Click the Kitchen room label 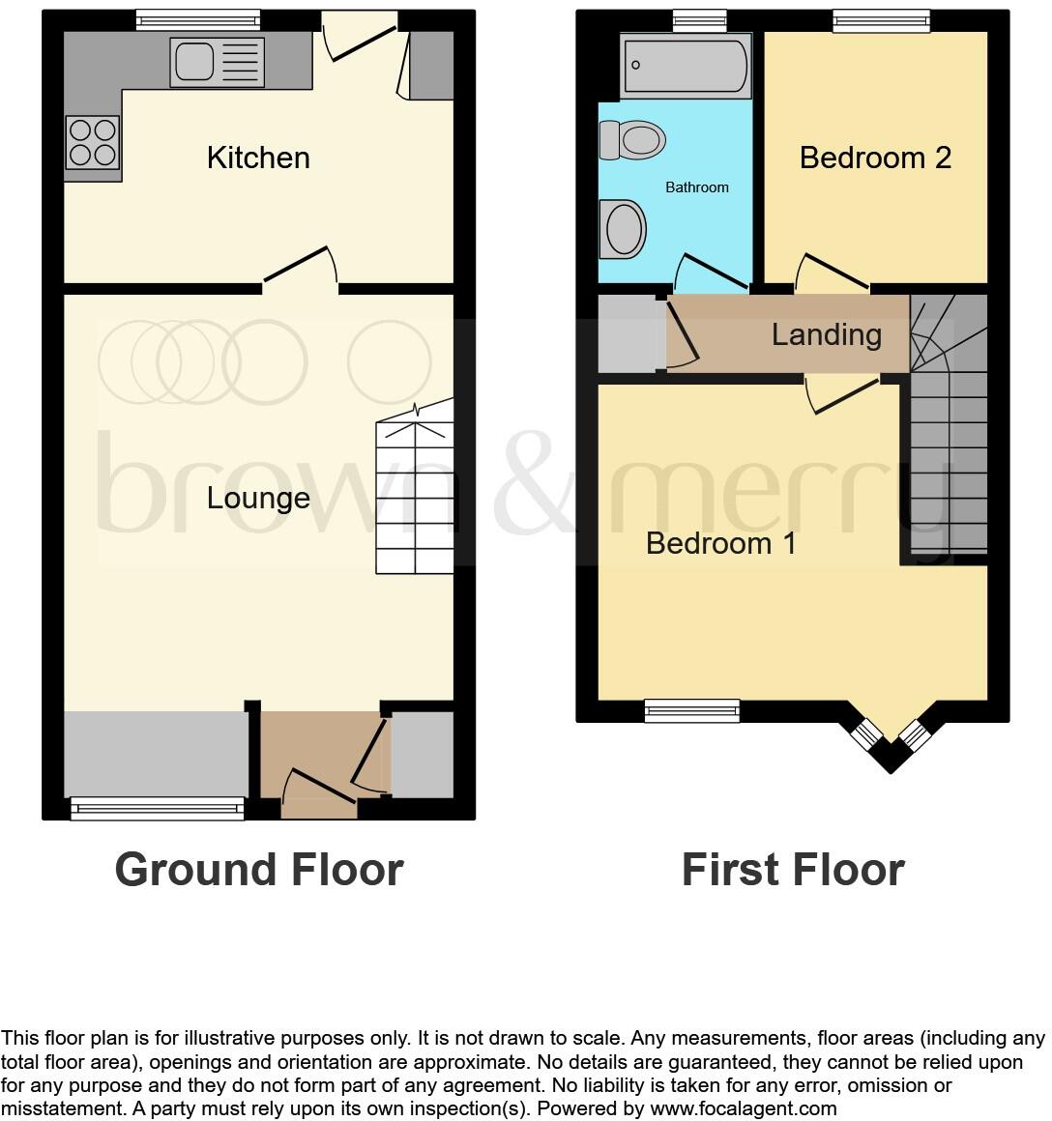pyautogui.click(x=258, y=158)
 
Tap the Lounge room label pyautogui.click(x=258, y=499)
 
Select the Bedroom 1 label pyautogui.click(x=720, y=543)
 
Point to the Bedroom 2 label pyautogui.click(x=875, y=158)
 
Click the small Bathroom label pyautogui.click(x=696, y=187)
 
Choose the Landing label pyautogui.click(x=826, y=335)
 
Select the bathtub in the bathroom pyautogui.click(x=686, y=65)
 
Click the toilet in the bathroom pyautogui.click(x=632, y=140)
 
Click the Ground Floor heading pyautogui.click(x=258, y=870)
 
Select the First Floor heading pyautogui.click(x=793, y=870)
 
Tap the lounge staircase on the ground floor pyautogui.click(x=416, y=493)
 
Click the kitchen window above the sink pyautogui.click(x=197, y=18)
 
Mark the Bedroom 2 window pyautogui.click(x=881, y=19)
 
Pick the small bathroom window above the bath pyautogui.click(x=699, y=19)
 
